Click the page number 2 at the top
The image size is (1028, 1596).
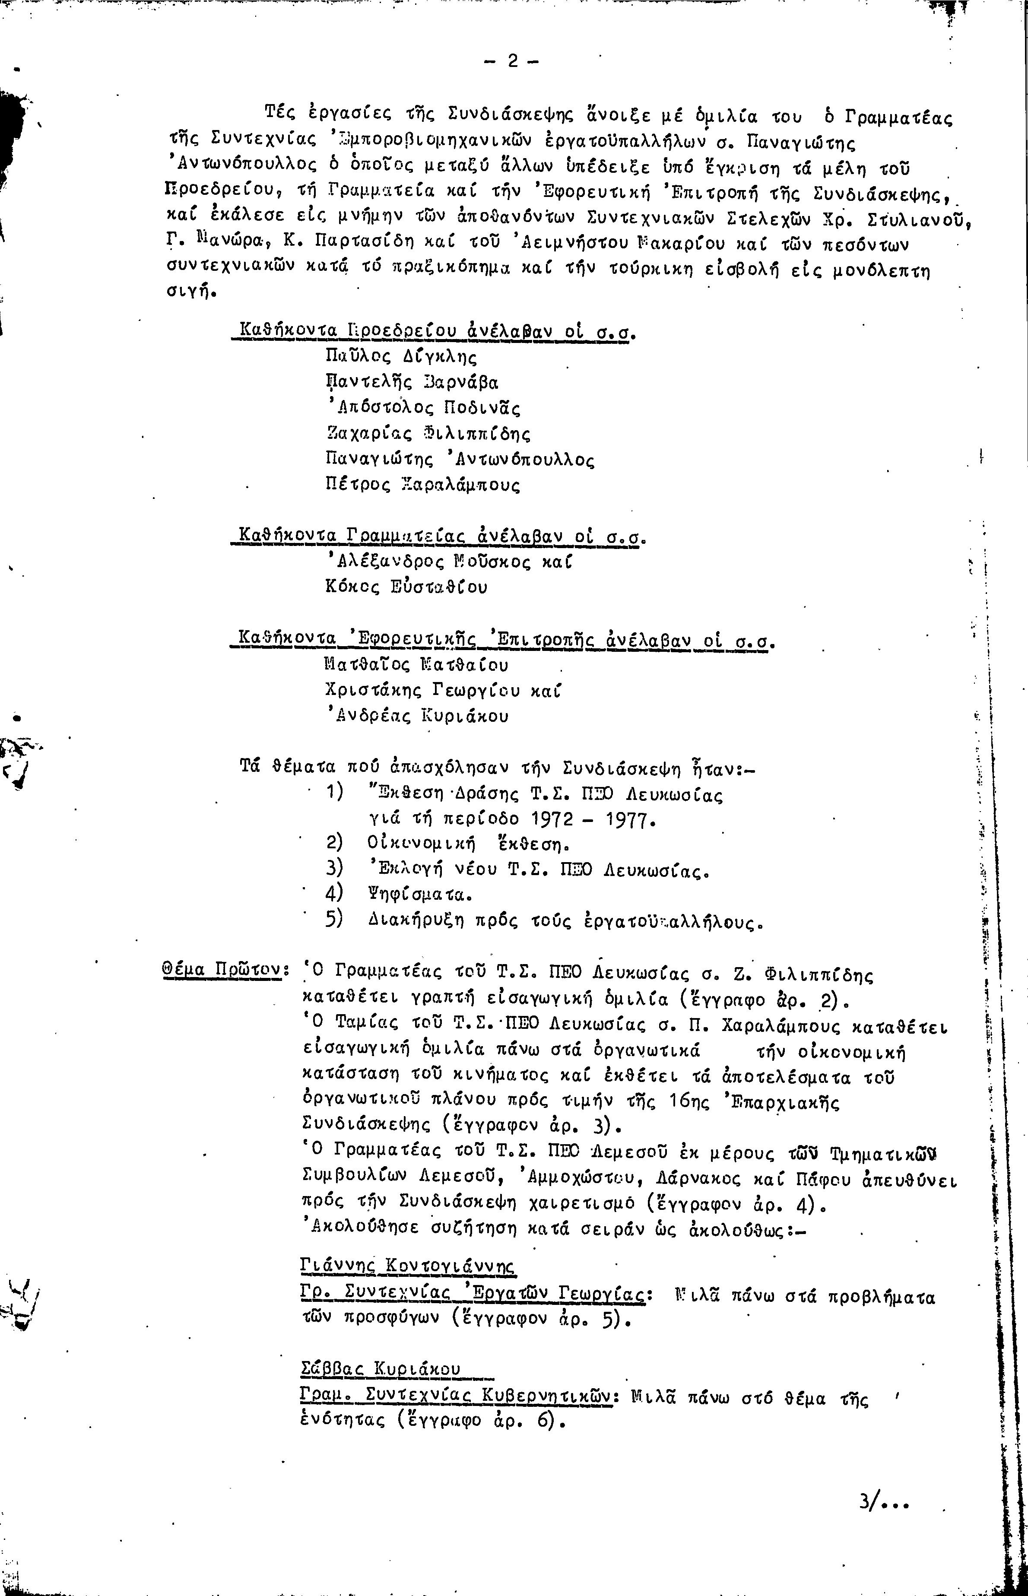pyautogui.click(x=512, y=61)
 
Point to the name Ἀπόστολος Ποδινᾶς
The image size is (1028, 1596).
pyautogui.click(x=423, y=408)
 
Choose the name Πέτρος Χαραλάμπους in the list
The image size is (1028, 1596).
pyautogui.click(x=422, y=485)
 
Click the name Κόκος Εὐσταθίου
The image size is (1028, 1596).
pyautogui.click(x=406, y=587)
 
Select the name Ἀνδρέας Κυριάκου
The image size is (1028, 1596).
pyautogui.click(x=416, y=716)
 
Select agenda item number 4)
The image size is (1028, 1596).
pyautogui.click(x=334, y=892)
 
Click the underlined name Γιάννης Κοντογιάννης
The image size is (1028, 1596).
pyautogui.click(x=409, y=1265)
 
